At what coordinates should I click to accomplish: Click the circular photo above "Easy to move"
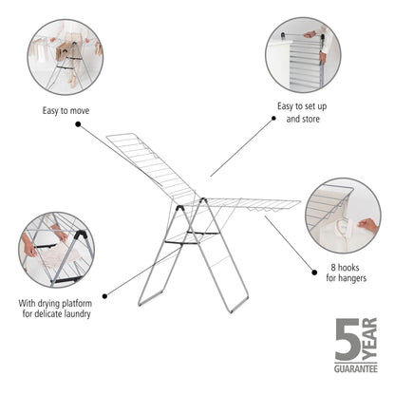[66, 56]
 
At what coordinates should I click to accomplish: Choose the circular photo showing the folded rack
[303, 55]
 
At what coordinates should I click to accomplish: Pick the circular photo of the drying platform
[55, 250]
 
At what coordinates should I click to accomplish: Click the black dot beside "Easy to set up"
[274, 119]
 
